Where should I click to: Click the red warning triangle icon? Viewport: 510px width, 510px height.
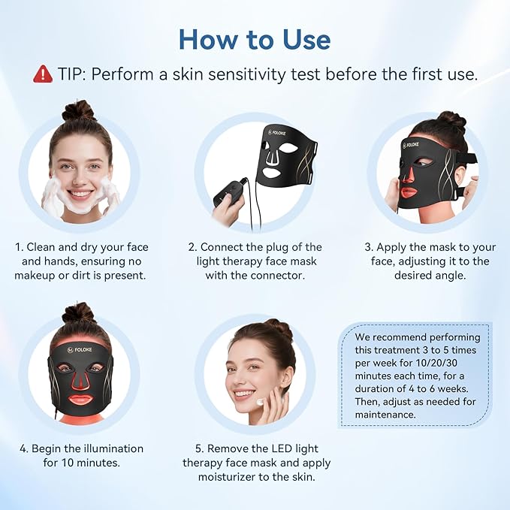42,74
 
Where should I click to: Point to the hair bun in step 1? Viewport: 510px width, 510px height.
80,110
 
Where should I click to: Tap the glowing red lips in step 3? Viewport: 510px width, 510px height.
409,192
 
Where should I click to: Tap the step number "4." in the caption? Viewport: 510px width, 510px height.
25,448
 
